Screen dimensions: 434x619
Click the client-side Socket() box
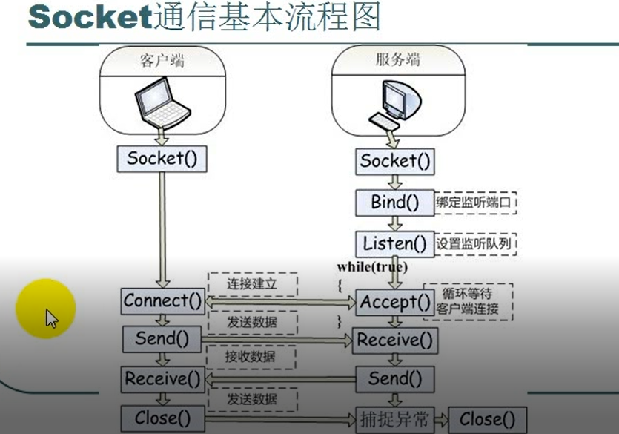click(162, 158)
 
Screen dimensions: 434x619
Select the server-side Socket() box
click(394, 161)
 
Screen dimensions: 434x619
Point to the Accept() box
click(394, 302)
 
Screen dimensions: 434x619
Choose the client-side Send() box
click(162, 339)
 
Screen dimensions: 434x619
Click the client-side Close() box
click(162, 418)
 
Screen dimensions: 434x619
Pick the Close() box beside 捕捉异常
click(486, 419)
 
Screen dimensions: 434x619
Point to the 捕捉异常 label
click(394, 419)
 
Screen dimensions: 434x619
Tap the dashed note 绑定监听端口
click(475, 203)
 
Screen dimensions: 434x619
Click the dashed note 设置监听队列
click(475, 243)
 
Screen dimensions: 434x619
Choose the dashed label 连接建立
click(251, 284)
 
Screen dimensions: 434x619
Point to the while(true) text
click(372, 266)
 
